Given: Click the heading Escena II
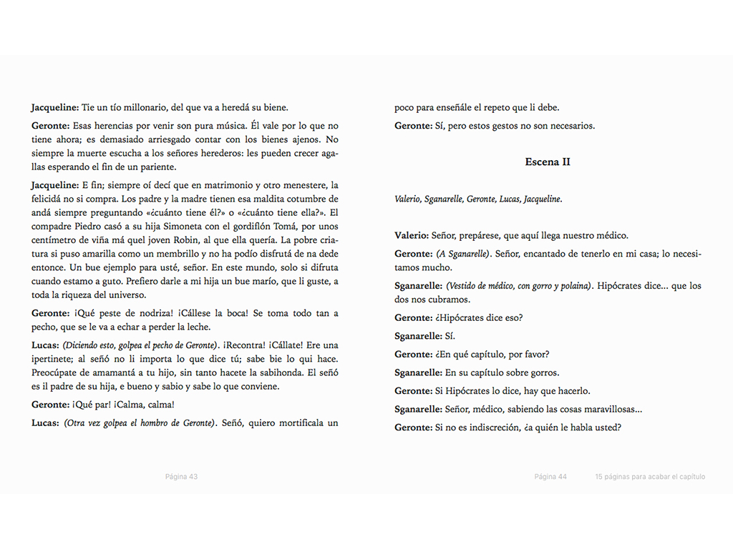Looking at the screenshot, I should tap(548, 162).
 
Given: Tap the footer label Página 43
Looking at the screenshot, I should tap(181, 477).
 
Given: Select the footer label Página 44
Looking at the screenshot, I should tap(550, 477).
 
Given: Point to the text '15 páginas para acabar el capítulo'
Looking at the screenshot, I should tap(650, 477).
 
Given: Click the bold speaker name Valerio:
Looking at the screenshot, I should tap(412, 235).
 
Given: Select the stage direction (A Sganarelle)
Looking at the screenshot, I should tap(462, 254).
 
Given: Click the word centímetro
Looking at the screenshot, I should tap(59, 239).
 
